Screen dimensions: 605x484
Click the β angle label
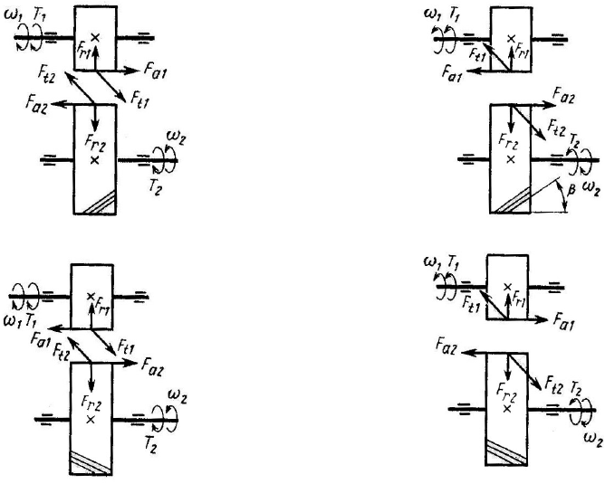[573, 190]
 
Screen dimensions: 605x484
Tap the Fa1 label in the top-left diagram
[155, 71]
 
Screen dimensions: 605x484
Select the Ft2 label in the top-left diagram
[47, 74]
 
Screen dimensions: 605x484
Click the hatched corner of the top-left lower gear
[102, 204]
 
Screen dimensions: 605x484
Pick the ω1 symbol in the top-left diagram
[11, 16]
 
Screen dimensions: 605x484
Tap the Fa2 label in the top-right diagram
[563, 95]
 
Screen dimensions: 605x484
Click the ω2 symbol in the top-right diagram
[592, 189]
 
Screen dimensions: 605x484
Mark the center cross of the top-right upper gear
[511, 38]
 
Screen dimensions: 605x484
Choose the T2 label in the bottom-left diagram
[150, 443]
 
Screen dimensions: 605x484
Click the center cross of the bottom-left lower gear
[91, 419]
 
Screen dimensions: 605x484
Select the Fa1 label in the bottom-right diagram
[564, 321]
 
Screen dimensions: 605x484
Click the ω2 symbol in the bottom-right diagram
[593, 440]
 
